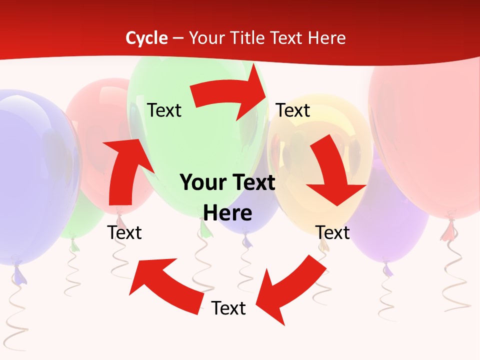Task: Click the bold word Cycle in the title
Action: [146, 38]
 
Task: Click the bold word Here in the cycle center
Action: [227, 213]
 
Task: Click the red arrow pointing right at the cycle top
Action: [231, 93]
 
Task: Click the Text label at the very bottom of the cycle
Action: [228, 308]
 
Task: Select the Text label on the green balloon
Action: [164, 110]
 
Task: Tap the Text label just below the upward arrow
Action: [124, 232]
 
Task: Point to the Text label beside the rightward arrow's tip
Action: [293, 110]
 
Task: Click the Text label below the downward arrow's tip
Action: [332, 232]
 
